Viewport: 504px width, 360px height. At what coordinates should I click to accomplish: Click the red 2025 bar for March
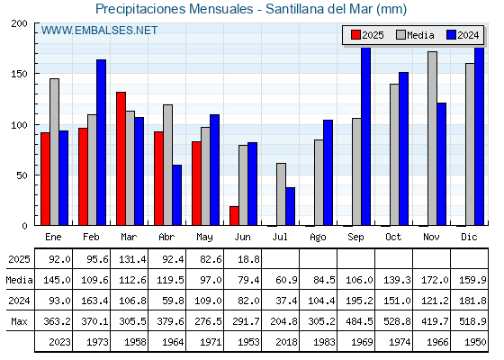pyautogui.click(x=121, y=158)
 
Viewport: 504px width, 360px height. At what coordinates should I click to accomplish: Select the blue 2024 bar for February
pyautogui.click(x=101, y=142)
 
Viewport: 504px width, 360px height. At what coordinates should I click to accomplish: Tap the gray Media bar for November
pyautogui.click(x=432, y=139)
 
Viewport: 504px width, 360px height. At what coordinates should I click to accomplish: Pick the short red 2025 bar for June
pyautogui.click(x=234, y=216)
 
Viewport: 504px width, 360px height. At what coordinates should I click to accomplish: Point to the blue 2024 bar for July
pyautogui.click(x=290, y=206)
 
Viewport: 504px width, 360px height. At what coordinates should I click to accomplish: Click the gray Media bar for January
pyautogui.click(x=54, y=152)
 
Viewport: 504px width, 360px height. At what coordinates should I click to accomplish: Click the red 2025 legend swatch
pyautogui.click(x=355, y=35)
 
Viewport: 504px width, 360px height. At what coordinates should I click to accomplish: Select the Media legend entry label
pyautogui.click(x=420, y=35)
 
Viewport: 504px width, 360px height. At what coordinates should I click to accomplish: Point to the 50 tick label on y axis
pyautogui.click(x=22, y=175)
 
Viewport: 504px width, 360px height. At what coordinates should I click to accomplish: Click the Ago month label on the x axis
pyautogui.click(x=318, y=238)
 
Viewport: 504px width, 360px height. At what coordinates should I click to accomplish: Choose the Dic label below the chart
pyautogui.click(x=469, y=237)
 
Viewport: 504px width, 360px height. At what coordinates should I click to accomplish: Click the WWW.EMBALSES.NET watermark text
pyautogui.click(x=99, y=31)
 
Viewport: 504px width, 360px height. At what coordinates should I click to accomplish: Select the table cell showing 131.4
pyautogui.click(x=130, y=259)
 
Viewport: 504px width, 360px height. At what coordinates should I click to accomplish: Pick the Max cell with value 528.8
pyautogui.click(x=394, y=321)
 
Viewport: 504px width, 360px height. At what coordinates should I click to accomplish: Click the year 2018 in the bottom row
pyautogui.click(x=281, y=342)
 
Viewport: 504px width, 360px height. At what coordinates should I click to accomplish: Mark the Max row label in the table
pyautogui.click(x=19, y=321)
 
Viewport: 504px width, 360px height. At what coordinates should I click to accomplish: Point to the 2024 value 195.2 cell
pyautogui.click(x=356, y=301)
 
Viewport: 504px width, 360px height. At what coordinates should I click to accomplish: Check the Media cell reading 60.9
pyautogui.click(x=281, y=280)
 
